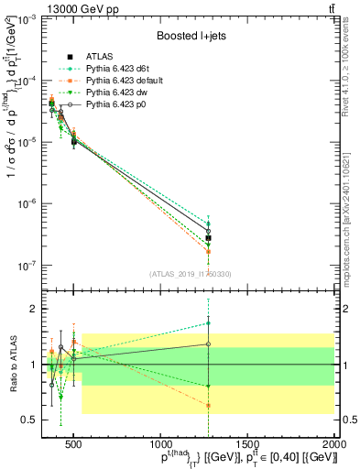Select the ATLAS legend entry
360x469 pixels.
coord(101,56)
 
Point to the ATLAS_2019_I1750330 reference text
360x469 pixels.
coord(190,272)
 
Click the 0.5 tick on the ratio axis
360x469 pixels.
coord(31,420)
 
